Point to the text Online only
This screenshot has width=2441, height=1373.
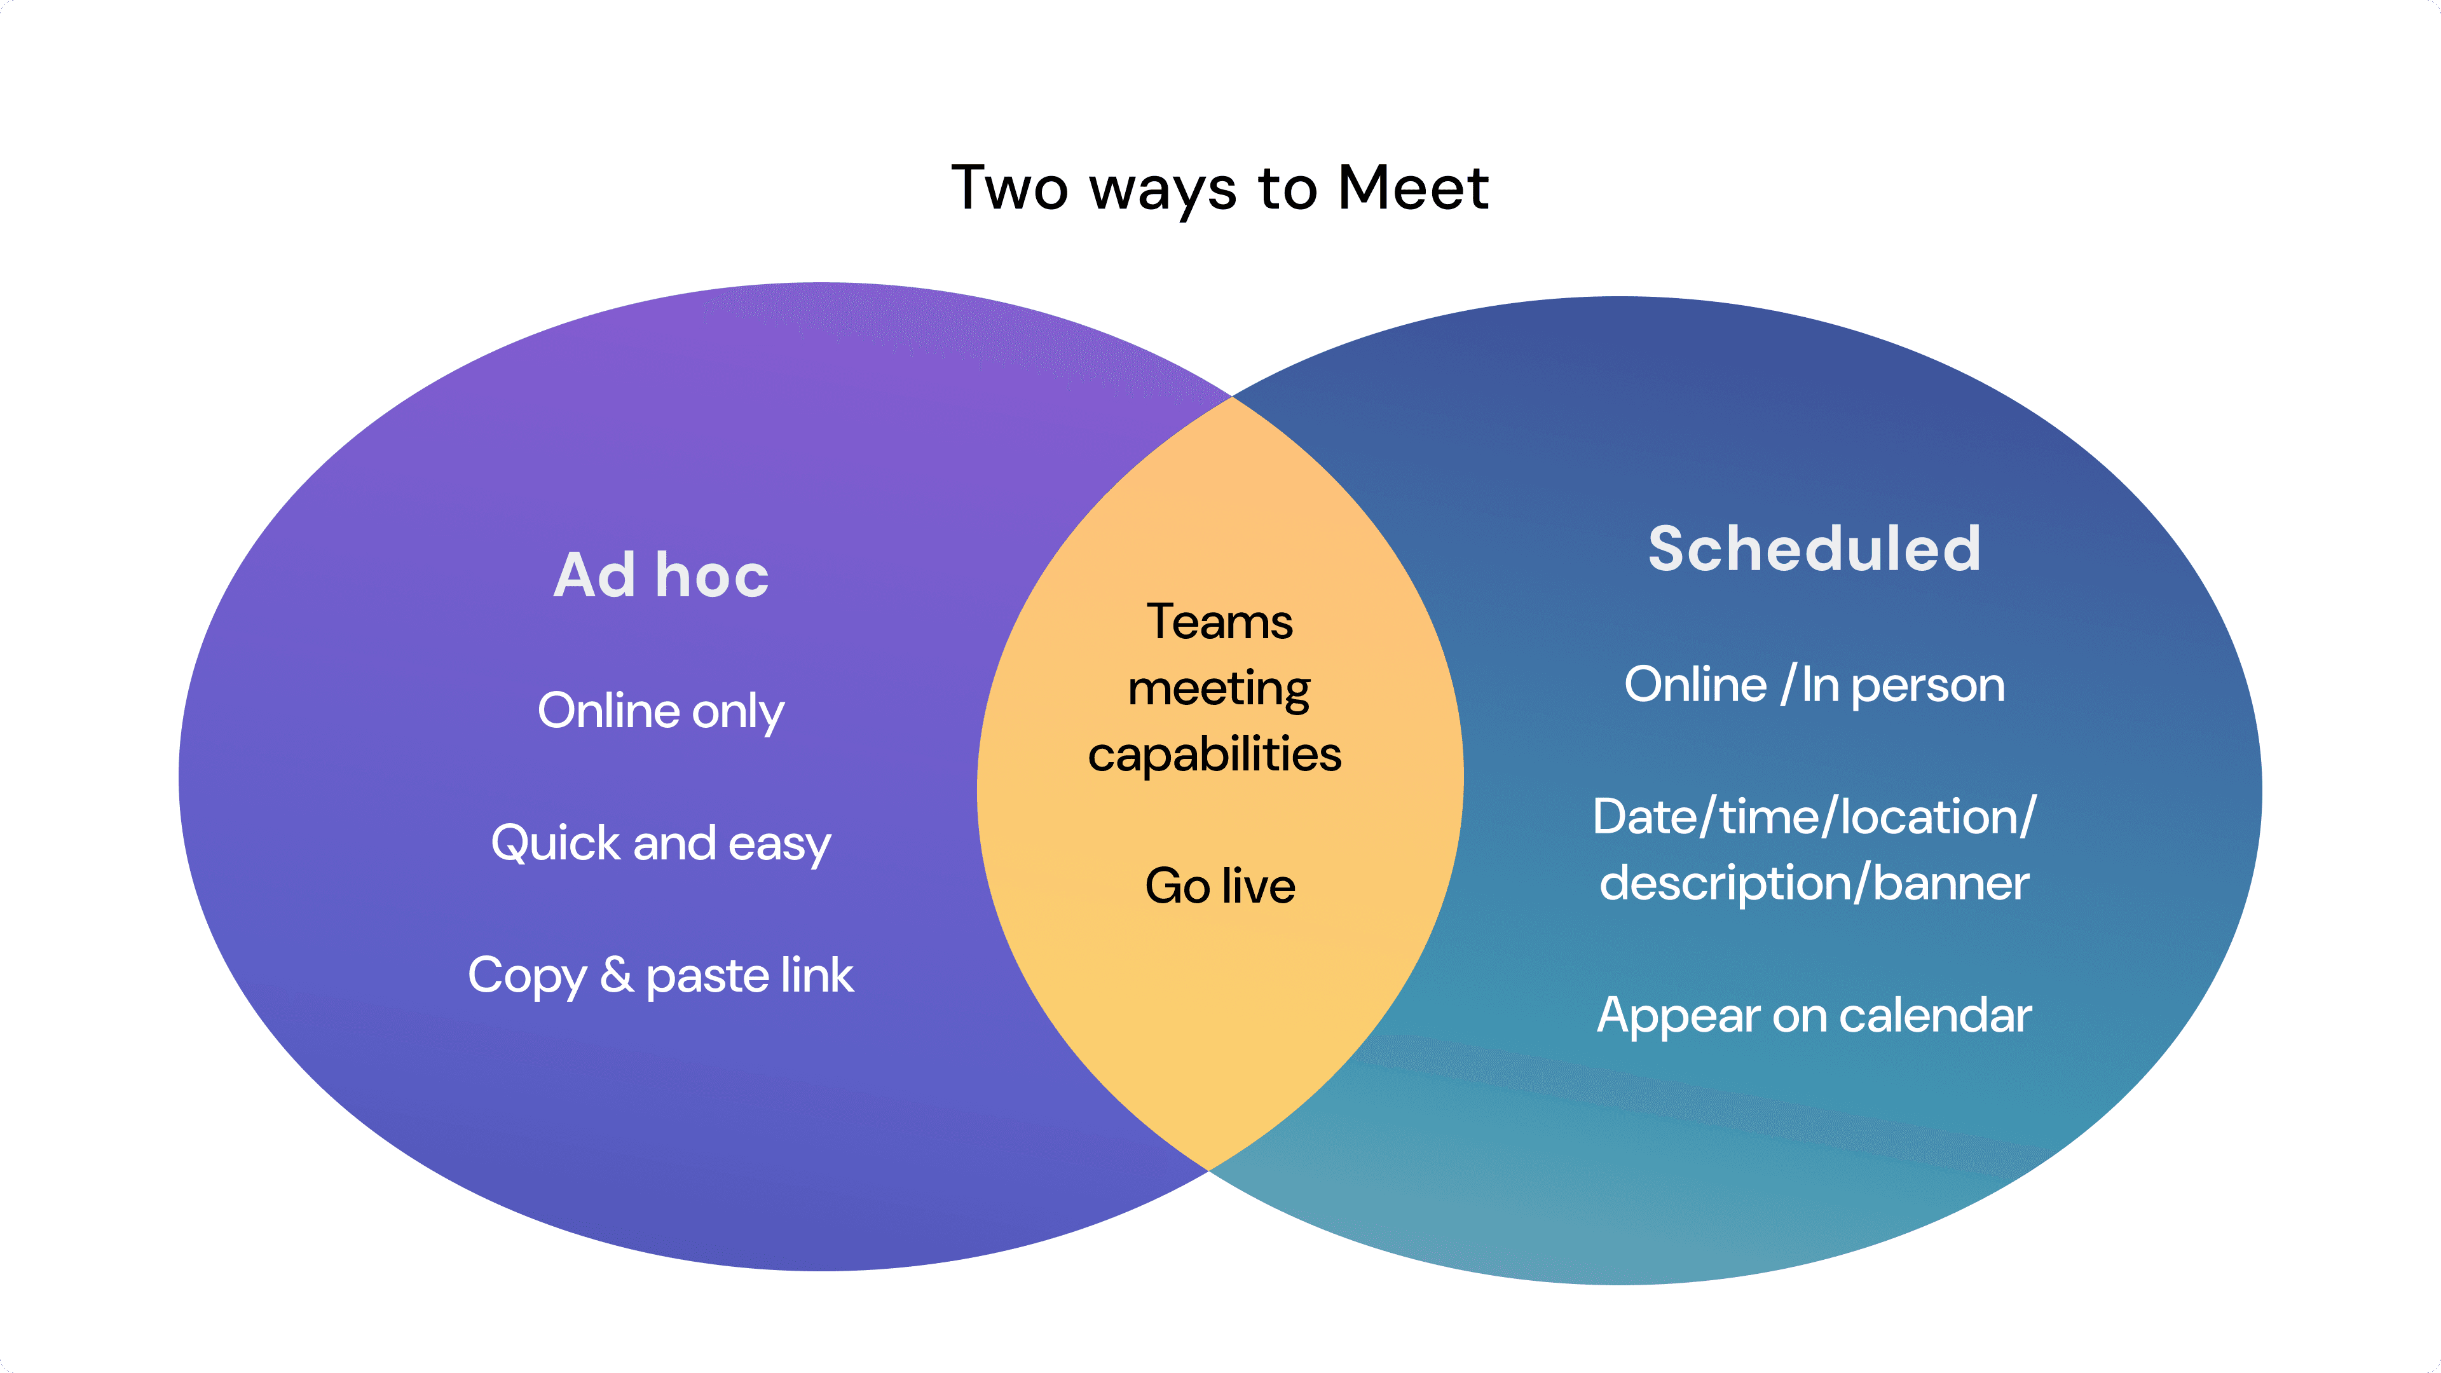(660, 711)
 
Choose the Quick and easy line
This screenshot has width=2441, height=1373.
(660, 844)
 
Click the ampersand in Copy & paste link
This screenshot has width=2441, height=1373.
(617, 975)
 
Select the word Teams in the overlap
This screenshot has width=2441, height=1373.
(1220, 622)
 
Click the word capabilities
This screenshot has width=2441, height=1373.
(1215, 755)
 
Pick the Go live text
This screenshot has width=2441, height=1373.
(1220, 886)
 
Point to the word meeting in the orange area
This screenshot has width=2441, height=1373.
(1220, 689)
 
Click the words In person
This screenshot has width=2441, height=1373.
(1903, 685)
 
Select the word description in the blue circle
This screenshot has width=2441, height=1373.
(1725, 883)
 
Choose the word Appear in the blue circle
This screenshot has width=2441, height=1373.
(1678, 1016)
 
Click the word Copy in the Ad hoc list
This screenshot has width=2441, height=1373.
(527, 976)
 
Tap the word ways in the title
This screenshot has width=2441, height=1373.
(1163, 189)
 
